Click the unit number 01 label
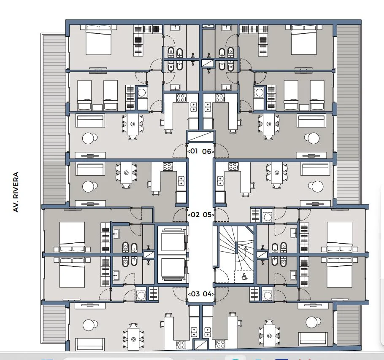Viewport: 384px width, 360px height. (x=194, y=151)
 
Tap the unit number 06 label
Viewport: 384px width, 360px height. (x=207, y=151)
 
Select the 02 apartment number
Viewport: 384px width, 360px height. (x=195, y=215)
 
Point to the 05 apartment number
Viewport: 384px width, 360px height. (x=207, y=215)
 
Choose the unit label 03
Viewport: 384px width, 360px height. (x=195, y=294)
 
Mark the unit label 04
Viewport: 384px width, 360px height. (x=207, y=294)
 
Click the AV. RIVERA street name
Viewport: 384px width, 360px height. (x=16, y=192)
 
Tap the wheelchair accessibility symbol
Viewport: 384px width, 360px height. (x=244, y=277)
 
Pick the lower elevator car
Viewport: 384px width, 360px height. (x=173, y=268)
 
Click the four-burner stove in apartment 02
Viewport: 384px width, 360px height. (x=168, y=167)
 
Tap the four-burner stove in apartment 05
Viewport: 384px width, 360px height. (x=233, y=167)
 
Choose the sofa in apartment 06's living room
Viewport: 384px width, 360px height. (x=311, y=121)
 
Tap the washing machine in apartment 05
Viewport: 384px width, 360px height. (x=268, y=216)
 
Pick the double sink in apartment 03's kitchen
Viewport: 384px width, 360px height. (x=194, y=332)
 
